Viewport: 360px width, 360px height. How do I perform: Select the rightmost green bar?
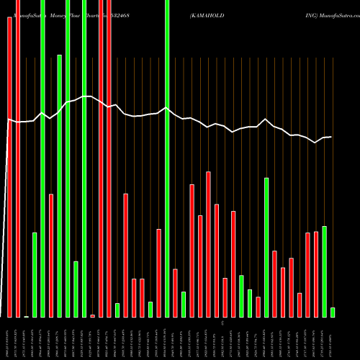(333, 312)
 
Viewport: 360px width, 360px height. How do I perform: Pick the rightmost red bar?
(316, 274)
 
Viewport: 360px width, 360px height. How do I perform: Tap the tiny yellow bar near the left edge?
(27, 316)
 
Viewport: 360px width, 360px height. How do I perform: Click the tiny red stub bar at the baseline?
(92, 315)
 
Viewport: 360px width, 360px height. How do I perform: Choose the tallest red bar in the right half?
(209, 245)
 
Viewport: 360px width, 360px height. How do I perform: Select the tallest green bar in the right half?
(266, 248)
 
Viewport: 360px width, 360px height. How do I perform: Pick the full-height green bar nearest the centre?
(167, 158)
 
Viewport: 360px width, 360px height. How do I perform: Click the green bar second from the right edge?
(324, 272)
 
